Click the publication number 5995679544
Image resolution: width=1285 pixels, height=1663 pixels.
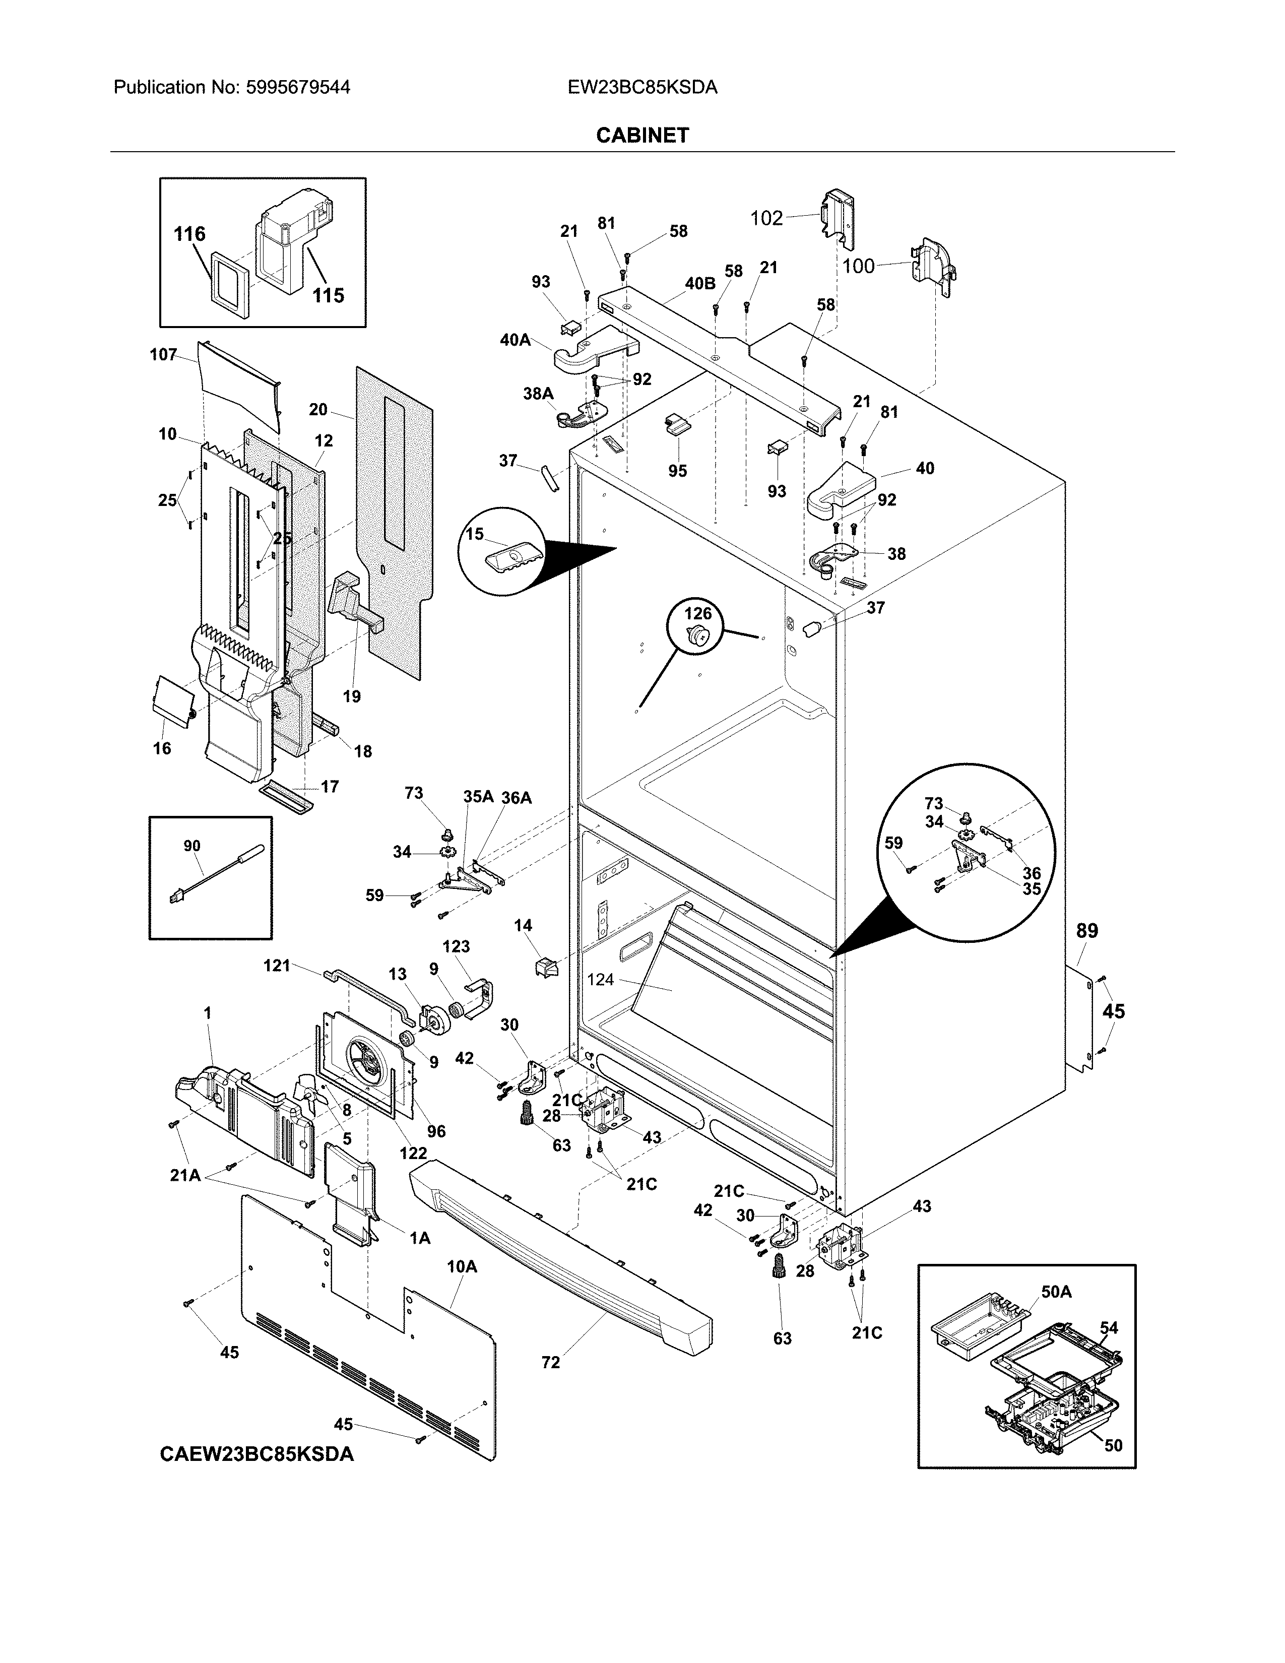[x=298, y=88]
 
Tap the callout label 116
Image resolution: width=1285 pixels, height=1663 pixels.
[x=189, y=234]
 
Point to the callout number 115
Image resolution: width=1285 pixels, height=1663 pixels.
[x=328, y=295]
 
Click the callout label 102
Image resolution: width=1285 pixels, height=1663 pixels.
[x=766, y=219]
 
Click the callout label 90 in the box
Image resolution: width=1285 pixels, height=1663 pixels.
[x=192, y=846]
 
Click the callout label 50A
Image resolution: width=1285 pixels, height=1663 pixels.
[x=1056, y=1292]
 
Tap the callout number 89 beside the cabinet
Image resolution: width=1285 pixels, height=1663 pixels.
[x=1087, y=930]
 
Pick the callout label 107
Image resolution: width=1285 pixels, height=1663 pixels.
[x=163, y=355]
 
